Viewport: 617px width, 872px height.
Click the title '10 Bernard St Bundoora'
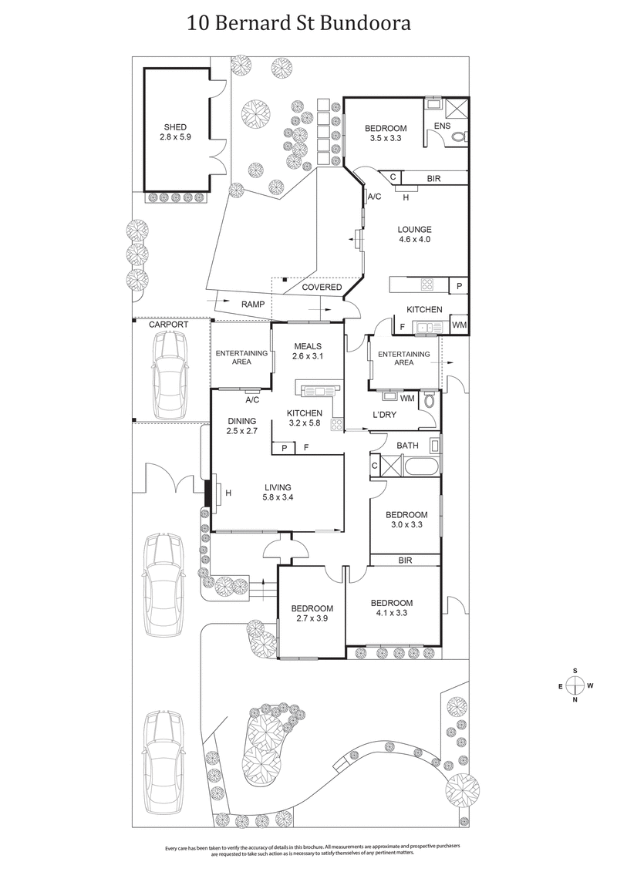point(299,23)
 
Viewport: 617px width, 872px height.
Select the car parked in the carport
point(170,375)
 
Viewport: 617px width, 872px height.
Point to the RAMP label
point(253,305)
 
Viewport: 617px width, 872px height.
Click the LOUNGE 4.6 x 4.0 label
point(414,234)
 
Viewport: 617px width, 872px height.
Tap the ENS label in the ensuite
point(442,126)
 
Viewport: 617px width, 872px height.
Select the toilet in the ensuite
point(458,136)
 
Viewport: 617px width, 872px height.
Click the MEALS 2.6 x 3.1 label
point(306,352)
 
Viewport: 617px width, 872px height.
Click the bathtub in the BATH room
point(421,466)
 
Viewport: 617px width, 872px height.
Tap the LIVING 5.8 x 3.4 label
point(278,492)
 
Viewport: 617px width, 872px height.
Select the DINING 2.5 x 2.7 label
point(241,426)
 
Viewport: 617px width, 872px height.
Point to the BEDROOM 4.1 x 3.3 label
point(391,608)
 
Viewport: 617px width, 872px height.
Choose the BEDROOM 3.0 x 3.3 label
point(406,520)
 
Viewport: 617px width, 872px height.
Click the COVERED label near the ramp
point(322,288)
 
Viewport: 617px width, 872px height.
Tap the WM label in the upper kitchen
point(459,326)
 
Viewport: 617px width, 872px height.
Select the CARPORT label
point(169,325)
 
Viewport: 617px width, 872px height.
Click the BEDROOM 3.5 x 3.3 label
point(386,133)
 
